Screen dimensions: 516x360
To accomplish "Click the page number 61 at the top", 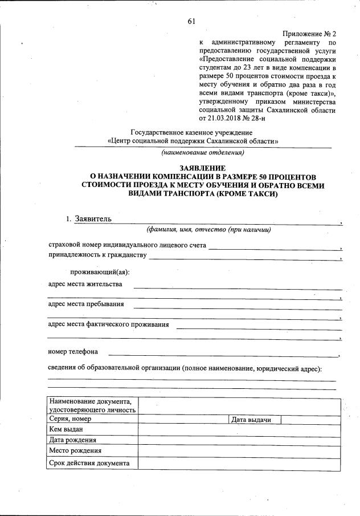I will (191, 22).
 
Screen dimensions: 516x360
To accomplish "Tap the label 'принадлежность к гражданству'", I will (97, 255).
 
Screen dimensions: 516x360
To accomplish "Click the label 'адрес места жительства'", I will (85, 284).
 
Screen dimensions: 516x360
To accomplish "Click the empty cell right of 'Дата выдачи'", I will (311, 420).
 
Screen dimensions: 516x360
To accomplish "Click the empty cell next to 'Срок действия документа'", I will (240, 463).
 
